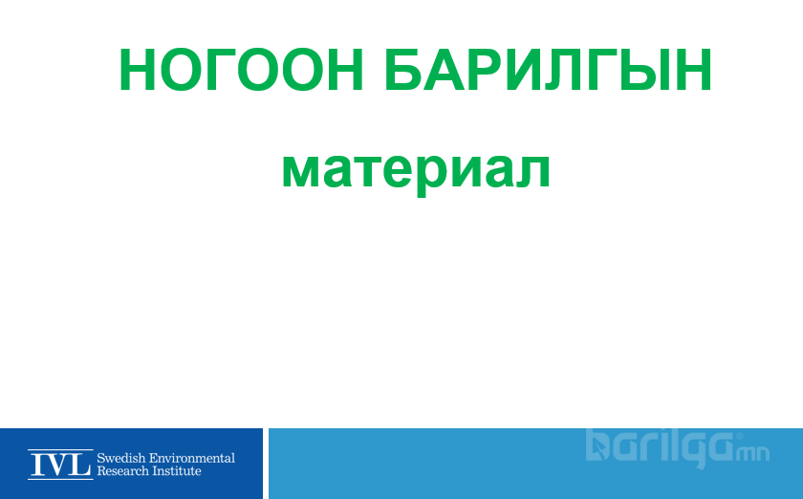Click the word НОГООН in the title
pyautogui.click(x=241, y=70)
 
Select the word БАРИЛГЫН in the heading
pyautogui.click(x=548, y=70)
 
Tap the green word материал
pyautogui.click(x=416, y=170)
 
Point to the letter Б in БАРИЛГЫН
pyautogui.click(x=403, y=70)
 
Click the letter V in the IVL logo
pyautogui.click(x=60, y=465)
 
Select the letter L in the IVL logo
pyautogui.click(x=82, y=465)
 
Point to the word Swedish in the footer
pyautogui.click(x=120, y=458)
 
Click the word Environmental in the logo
pyautogui.click(x=191, y=458)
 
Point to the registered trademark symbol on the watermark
pyautogui.click(x=739, y=437)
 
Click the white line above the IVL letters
pyautogui.click(x=60, y=450)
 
